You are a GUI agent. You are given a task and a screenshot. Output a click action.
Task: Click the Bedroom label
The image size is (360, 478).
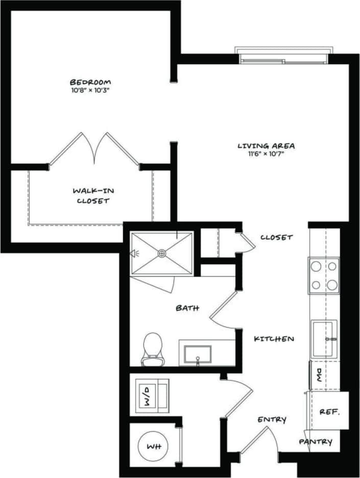[x=90, y=82]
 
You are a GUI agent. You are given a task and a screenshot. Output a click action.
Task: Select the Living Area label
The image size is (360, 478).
[x=266, y=146]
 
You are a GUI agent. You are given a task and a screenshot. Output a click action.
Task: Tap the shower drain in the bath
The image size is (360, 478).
[x=162, y=253]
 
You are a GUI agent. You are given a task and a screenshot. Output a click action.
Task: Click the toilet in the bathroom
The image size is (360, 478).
[x=152, y=348]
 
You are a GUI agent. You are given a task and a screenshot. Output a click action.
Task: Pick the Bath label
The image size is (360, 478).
[x=187, y=308]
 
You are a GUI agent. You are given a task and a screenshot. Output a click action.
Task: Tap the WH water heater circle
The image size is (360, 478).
[x=154, y=446]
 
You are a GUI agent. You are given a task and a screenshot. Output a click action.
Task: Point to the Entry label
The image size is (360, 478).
[x=272, y=419]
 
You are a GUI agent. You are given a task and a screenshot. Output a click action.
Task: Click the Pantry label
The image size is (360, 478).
[x=316, y=442]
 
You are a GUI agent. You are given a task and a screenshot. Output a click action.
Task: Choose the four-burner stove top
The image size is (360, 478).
[x=323, y=275]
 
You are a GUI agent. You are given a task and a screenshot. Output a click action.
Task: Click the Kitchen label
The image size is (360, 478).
[x=274, y=339]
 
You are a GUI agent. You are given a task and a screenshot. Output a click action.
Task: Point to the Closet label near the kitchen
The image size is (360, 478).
[x=276, y=237]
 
